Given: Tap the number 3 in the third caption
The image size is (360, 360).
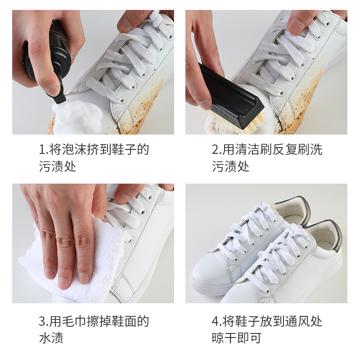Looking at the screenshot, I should pyautogui.click(x=42, y=322).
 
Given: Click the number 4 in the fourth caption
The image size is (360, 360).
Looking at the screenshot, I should pyautogui.click(x=216, y=322).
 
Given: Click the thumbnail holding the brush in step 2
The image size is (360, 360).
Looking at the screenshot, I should pyautogui.click(x=205, y=104).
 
